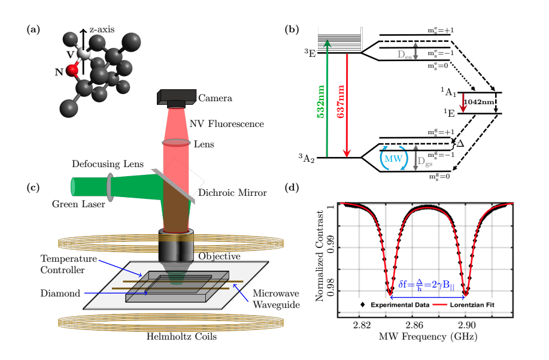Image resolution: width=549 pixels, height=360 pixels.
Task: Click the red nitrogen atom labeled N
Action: click(72, 70)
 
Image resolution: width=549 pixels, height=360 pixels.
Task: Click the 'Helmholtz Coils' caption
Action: click(180, 336)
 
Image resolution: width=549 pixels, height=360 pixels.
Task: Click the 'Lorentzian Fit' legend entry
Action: click(475, 305)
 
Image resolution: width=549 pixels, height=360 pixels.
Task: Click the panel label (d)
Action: click(308, 188)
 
